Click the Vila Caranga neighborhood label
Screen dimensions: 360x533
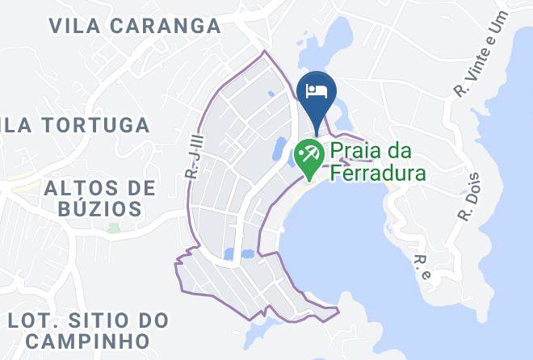pyautogui.click(x=135, y=26)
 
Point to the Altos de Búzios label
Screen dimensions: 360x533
pyautogui.click(x=100, y=199)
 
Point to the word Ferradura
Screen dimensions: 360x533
pyautogui.click(x=376, y=172)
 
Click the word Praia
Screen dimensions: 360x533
pyautogui.click(x=357, y=150)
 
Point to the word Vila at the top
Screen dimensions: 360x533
pyautogui.click(x=75, y=26)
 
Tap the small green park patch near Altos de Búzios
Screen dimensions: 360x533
pyautogui.click(x=114, y=228)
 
